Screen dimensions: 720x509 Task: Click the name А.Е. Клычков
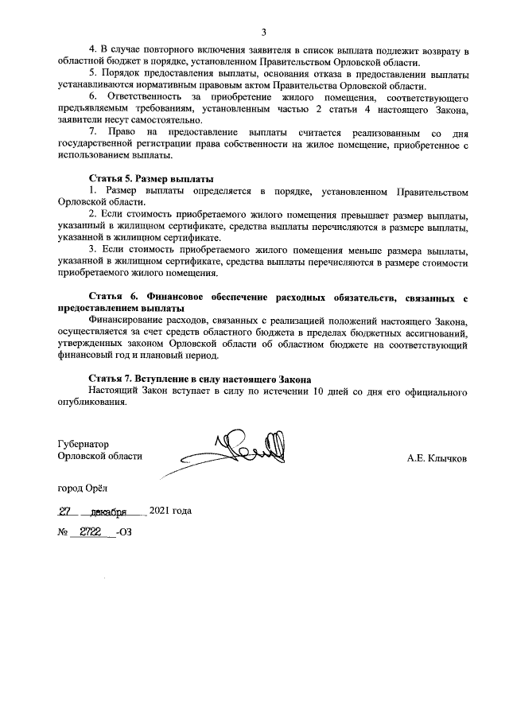437,458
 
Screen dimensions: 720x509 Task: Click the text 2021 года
170,511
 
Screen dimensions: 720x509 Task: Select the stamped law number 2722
90,531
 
